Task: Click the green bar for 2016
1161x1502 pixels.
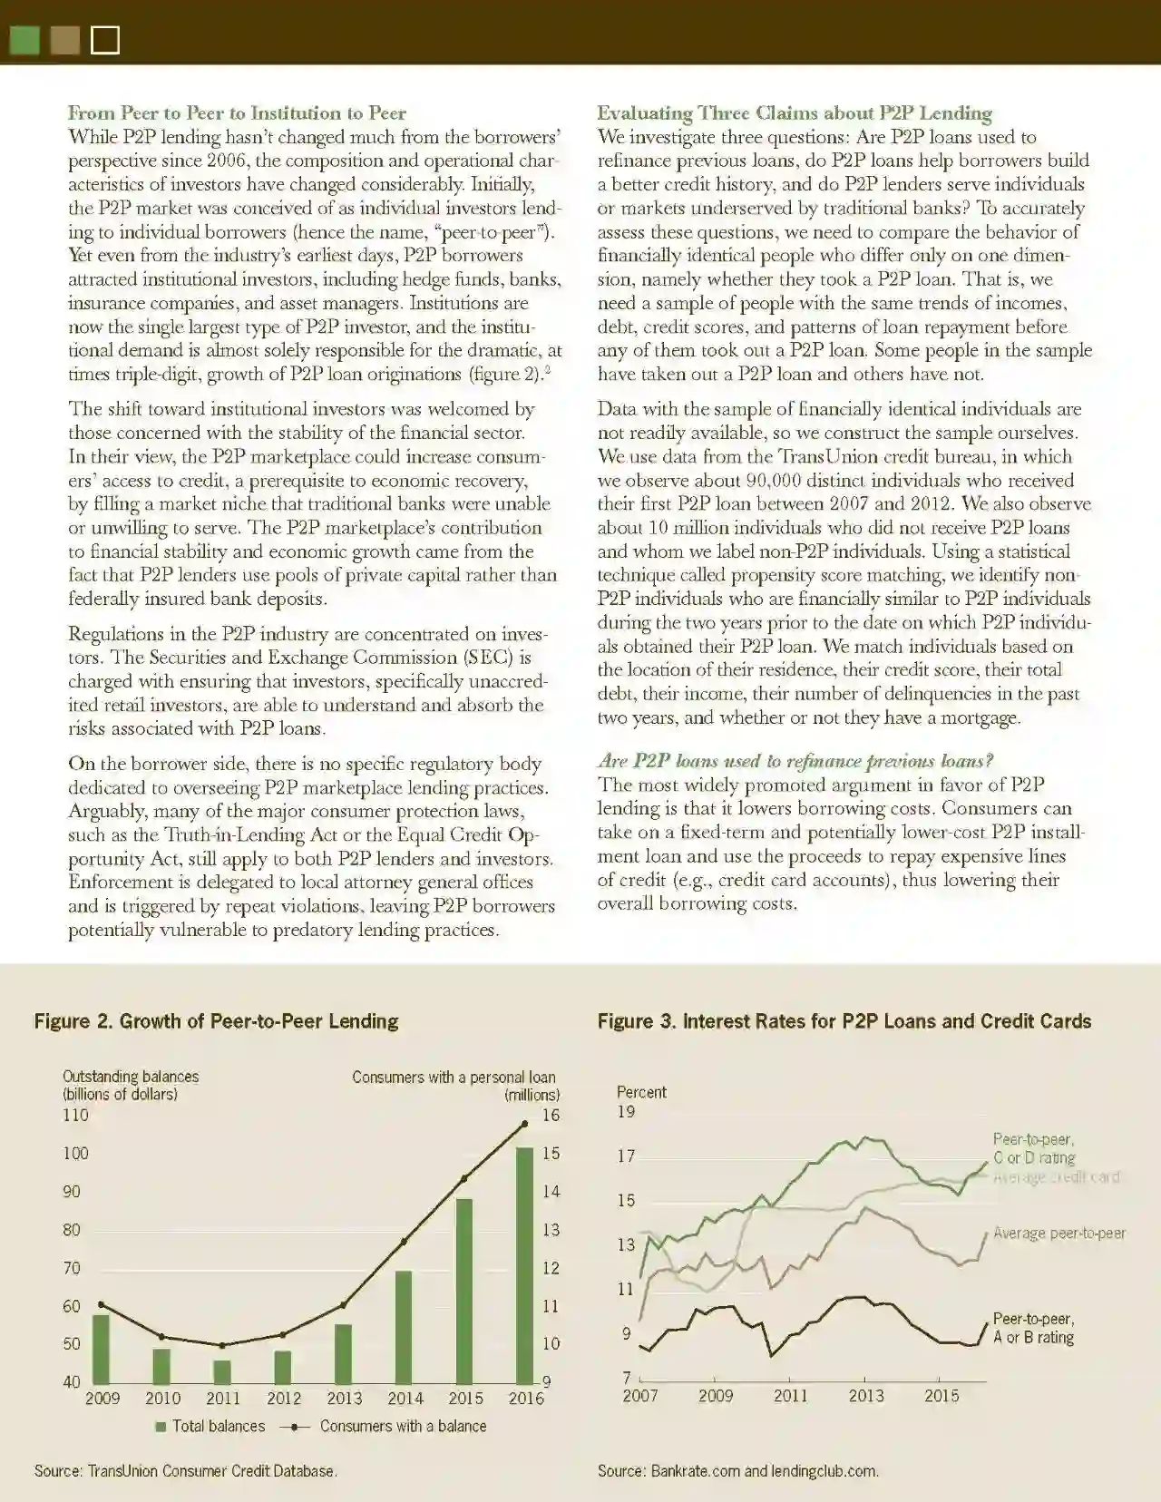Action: point(524,1264)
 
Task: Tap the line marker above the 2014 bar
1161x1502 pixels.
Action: point(404,1242)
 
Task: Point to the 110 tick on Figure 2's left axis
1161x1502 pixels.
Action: point(75,1115)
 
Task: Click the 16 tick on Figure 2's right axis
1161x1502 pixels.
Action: point(551,1115)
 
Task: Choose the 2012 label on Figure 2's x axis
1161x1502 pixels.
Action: point(284,1398)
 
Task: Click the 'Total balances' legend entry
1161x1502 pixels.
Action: point(210,1426)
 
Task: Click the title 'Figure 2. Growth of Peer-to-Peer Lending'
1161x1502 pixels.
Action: point(216,1021)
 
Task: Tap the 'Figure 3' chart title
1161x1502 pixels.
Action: point(844,1021)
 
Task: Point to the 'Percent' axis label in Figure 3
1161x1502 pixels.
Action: point(641,1092)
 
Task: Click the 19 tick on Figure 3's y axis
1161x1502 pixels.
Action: point(626,1111)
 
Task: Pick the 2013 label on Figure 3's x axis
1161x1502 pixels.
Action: point(866,1396)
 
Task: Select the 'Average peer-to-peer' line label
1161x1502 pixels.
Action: point(1059,1233)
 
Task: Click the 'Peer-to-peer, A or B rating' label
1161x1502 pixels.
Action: point(1033,1328)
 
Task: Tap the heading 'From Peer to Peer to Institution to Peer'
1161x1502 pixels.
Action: point(237,113)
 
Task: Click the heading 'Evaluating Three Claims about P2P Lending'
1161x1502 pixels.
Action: point(794,113)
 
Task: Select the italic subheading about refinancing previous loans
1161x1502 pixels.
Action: point(795,761)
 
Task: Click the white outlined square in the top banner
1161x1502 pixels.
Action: point(105,40)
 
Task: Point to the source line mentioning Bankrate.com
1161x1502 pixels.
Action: point(737,1470)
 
